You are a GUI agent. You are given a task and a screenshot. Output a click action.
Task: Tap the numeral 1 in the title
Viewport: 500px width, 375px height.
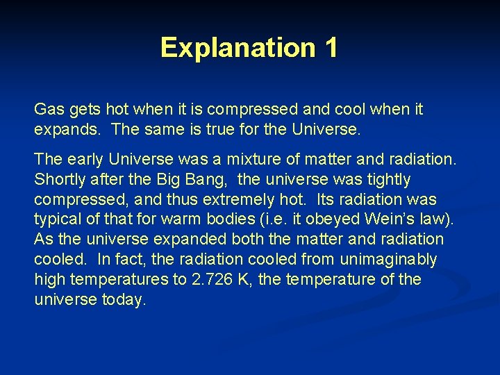330,47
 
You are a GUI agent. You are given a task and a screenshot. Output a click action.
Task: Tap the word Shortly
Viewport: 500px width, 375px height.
59,180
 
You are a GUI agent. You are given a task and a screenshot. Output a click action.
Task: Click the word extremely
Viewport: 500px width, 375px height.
229,200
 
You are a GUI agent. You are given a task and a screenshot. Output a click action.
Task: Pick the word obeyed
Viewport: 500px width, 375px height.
327,220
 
